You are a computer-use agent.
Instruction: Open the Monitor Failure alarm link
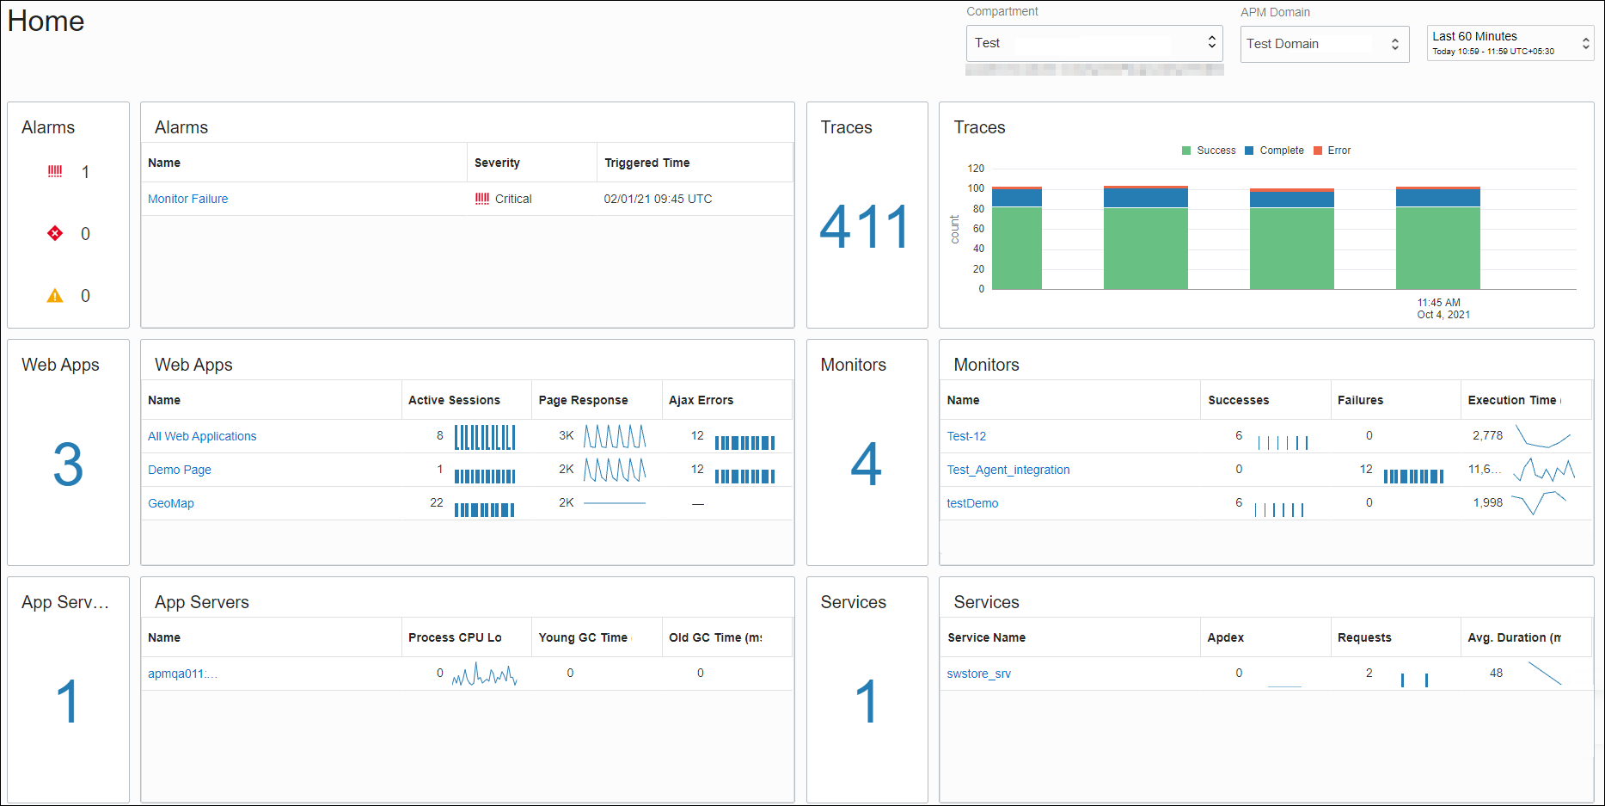pos(187,199)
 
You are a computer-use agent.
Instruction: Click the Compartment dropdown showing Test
pos(1093,43)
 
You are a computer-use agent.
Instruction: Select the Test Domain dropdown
pos(1324,44)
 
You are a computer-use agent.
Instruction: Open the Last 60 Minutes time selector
pos(1510,43)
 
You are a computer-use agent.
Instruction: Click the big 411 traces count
pos(866,227)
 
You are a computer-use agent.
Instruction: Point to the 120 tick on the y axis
pos(976,169)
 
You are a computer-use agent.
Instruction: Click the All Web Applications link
pos(202,436)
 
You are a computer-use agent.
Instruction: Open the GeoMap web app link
pos(171,503)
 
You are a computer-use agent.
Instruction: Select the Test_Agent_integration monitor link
pos(1008,470)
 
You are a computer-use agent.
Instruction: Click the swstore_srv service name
pos(978,674)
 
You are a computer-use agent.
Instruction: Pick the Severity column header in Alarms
pos(497,163)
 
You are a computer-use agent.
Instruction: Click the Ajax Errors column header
pos(701,400)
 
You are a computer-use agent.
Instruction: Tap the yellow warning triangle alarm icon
pos(55,296)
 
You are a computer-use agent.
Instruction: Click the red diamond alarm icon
pos(55,233)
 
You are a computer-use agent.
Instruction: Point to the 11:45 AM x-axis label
pos(1438,303)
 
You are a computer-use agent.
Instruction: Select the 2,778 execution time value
pos(1487,435)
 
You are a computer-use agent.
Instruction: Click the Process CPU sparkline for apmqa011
pos(484,674)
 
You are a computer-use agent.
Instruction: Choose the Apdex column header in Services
pos(1225,637)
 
